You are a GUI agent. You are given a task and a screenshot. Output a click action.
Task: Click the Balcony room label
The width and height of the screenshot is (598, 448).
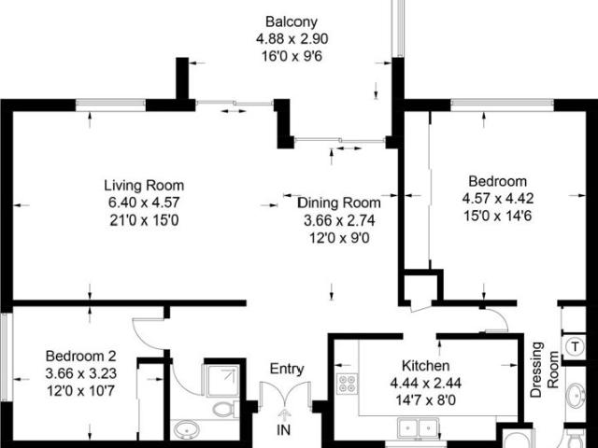pyautogui.click(x=292, y=21)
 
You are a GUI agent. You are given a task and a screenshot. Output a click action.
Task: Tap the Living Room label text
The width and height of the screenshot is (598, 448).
pyautogui.click(x=144, y=186)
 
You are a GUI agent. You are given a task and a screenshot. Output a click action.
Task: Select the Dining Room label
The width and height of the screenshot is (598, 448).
pyautogui.click(x=339, y=203)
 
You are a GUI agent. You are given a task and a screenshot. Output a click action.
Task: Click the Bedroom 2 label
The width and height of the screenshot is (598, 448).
pyautogui.click(x=81, y=356)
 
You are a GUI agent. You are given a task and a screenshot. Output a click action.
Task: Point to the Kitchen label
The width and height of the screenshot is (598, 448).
pyautogui.click(x=426, y=365)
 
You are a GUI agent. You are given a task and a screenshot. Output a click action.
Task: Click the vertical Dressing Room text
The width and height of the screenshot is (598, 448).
pyautogui.click(x=545, y=370)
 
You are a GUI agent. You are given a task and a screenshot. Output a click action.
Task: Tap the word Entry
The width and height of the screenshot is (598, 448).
pyautogui.click(x=287, y=369)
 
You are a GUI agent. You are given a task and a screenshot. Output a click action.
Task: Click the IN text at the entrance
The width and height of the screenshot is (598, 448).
pyautogui.click(x=283, y=430)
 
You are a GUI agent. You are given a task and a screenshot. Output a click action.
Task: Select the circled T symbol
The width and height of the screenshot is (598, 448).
pyautogui.click(x=575, y=346)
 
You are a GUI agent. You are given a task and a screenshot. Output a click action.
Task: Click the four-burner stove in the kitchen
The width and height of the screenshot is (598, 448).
pyautogui.click(x=347, y=384)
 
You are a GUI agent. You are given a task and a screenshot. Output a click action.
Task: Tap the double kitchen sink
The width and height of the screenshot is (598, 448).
pyautogui.click(x=418, y=429)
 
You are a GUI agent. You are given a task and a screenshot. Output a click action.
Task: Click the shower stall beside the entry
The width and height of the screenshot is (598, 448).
pyautogui.click(x=221, y=381)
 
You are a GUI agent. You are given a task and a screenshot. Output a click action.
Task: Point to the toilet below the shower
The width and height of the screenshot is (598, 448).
pyautogui.click(x=225, y=410)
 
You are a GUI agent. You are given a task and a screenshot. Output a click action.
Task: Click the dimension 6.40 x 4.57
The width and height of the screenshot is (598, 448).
pyautogui.click(x=144, y=203)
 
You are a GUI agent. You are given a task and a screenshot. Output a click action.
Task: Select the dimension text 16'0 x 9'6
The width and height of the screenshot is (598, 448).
pyautogui.click(x=292, y=56)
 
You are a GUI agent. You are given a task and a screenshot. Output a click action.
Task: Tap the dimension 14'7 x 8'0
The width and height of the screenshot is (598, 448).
pyautogui.click(x=426, y=400)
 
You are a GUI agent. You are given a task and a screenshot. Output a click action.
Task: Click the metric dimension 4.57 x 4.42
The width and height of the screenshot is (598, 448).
pyautogui.click(x=498, y=199)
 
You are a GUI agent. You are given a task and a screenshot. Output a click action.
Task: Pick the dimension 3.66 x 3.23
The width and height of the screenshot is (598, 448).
pyautogui.click(x=81, y=373)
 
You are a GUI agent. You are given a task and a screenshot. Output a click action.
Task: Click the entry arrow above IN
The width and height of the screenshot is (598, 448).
pyautogui.click(x=283, y=414)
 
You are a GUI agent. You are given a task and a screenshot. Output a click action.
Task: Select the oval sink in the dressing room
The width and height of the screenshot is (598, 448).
pyautogui.click(x=576, y=396)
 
